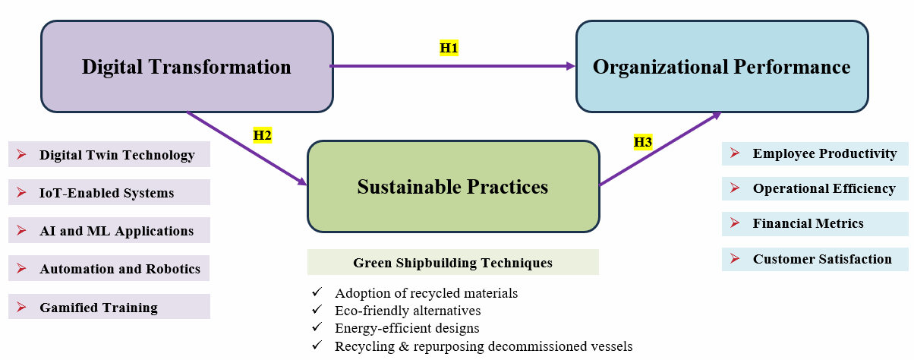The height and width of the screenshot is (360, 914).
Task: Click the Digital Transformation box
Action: tap(186, 67)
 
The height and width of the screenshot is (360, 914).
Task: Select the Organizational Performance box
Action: tap(721, 67)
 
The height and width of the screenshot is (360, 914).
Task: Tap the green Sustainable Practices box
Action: tap(453, 186)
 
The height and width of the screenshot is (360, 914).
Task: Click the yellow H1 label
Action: tap(449, 48)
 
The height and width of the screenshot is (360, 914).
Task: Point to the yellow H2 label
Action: tap(263, 136)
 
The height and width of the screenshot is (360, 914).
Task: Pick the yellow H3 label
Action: tap(643, 141)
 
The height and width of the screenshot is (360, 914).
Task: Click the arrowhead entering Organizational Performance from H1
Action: tap(571, 66)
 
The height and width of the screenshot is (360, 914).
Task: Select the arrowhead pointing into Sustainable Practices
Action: tap(302, 182)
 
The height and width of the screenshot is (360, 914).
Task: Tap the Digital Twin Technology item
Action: tap(117, 155)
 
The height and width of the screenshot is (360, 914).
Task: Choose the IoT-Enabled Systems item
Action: tap(106, 193)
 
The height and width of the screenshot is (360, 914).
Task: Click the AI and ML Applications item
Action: tap(116, 231)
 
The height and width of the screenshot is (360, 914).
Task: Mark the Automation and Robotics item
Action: tap(120, 269)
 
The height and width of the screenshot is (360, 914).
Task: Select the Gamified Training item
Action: tap(99, 308)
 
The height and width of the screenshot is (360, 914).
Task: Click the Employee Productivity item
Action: tap(824, 153)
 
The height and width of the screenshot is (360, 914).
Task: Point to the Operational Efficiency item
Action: tap(824, 188)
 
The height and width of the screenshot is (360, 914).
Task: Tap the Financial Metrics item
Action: tap(808, 223)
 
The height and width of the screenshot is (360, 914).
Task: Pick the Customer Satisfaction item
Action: tap(822, 259)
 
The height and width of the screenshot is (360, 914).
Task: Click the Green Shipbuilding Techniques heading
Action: tap(452, 263)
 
